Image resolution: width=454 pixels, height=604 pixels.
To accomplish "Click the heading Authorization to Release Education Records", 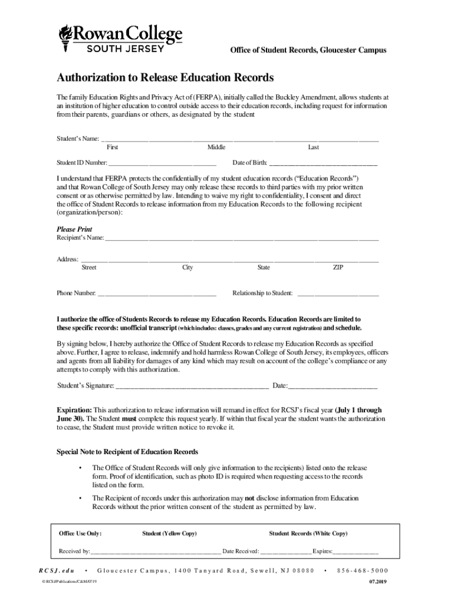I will tap(165, 78).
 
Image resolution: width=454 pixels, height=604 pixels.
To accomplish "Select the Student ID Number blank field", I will tap(162, 163).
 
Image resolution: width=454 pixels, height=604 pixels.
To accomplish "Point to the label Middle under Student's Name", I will tap(216, 147).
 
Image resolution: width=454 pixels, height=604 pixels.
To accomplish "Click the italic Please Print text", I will tap(74, 229).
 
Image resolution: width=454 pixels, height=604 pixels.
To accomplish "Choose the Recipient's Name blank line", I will tap(242, 238).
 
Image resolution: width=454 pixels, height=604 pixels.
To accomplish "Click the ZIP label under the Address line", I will tap(338, 267).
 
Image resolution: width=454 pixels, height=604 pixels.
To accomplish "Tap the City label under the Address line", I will tap(187, 267).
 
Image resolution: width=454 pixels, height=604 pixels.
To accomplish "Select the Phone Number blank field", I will tap(157, 293).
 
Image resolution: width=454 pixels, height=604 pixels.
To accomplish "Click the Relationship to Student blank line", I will tap(338, 293).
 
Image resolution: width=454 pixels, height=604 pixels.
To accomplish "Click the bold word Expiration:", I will tap(74, 409).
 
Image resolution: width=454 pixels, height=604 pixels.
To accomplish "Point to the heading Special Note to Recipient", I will tap(127, 452).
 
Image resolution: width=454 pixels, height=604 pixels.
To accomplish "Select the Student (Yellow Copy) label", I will tap(170, 533).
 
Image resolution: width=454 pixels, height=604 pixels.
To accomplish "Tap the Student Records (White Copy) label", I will tap(308, 533).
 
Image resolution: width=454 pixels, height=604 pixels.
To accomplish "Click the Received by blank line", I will tap(156, 552).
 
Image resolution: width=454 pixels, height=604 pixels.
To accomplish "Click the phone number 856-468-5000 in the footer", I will tap(363, 571).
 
